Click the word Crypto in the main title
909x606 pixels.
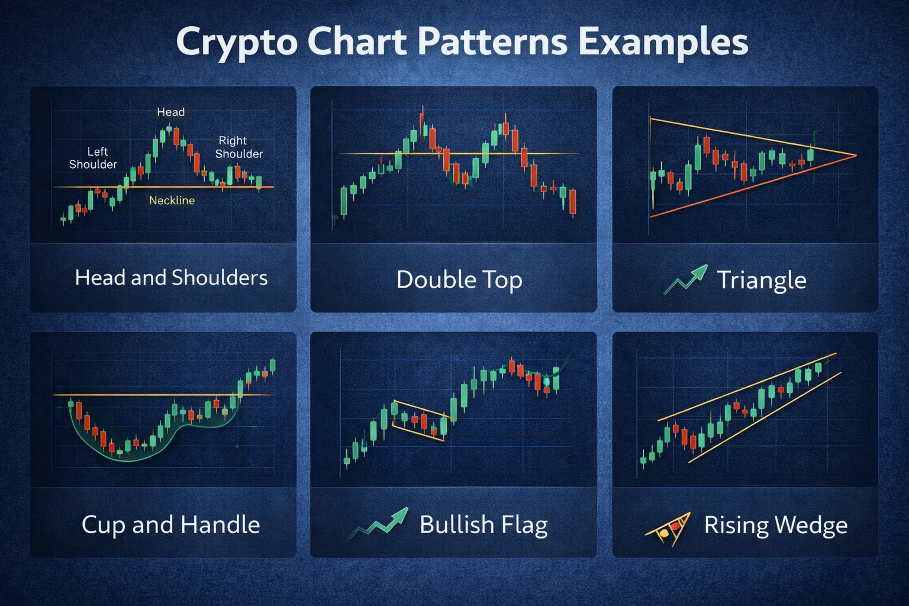point(236,43)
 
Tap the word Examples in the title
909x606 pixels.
point(663,43)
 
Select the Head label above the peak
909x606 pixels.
point(170,112)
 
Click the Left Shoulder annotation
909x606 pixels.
point(94,158)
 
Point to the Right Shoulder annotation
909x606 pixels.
point(238,147)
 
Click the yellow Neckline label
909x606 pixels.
point(172,201)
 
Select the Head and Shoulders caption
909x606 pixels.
point(171,278)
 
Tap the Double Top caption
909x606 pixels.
point(459,280)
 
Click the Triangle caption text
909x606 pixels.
point(762,280)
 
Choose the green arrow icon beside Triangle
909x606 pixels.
point(686,279)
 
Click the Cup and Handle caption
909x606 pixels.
point(170,525)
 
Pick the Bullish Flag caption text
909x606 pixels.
point(483,525)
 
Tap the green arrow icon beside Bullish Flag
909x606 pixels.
point(379,523)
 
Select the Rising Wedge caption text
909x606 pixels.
point(775,525)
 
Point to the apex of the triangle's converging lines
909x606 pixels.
point(855,156)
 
